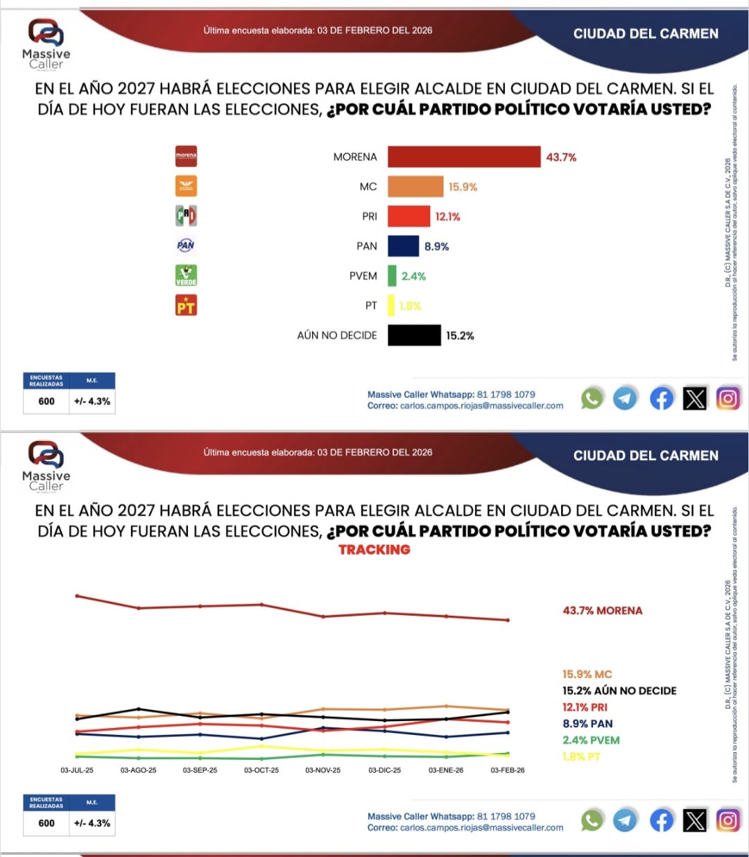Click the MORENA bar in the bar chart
pyautogui.click(x=463, y=157)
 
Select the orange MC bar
pyautogui.click(x=415, y=187)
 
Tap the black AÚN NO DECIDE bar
pyautogui.click(x=414, y=335)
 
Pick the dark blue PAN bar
pyautogui.click(x=403, y=246)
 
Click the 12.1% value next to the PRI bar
pyautogui.click(x=447, y=216)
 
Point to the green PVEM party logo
pyautogui.click(x=186, y=275)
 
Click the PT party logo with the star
pyautogui.click(x=186, y=305)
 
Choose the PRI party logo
pyautogui.click(x=186, y=216)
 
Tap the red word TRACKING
pyautogui.click(x=374, y=549)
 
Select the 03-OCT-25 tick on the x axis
pyautogui.click(x=261, y=770)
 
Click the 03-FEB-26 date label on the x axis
pyautogui.click(x=508, y=770)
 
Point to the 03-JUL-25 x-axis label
pyautogui.click(x=77, y=770)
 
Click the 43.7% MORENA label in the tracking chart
pyautogui.click(x=602, y=610)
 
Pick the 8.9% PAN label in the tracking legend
pyautogui.click(x=587, y=723)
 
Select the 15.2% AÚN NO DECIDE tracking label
pyautogui.click(x=619, y=691)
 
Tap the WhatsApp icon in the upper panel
pyautogui.click(x=592, y=398)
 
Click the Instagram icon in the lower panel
pyautogui.click(x=728, y=820)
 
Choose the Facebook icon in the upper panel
pyautogui.click(x=661, y=398)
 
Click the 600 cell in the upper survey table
pyautogui.click(x=46, y=401)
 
